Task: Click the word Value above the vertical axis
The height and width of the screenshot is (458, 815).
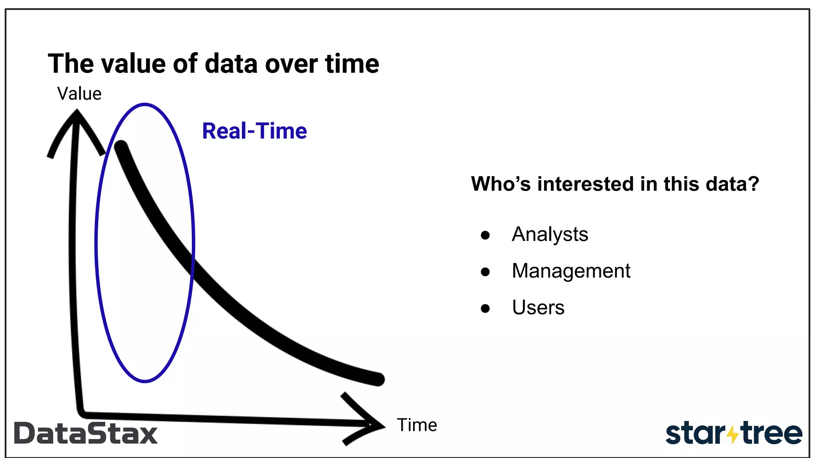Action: [79, 94]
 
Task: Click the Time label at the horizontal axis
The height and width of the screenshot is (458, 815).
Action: [417, 425]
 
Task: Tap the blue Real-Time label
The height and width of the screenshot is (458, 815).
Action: [254, 131]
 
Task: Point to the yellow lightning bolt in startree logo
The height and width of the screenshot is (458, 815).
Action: [732, 435]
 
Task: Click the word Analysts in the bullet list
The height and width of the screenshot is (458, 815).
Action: [550, 234]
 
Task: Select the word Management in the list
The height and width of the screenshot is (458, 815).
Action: [571, 271]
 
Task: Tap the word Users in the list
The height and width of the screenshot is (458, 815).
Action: [538, 307]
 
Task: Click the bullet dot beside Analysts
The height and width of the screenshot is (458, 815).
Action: [485, 235]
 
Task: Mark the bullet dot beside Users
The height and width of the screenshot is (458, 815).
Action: [485, 309]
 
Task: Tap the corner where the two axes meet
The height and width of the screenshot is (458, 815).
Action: [81, 413]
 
